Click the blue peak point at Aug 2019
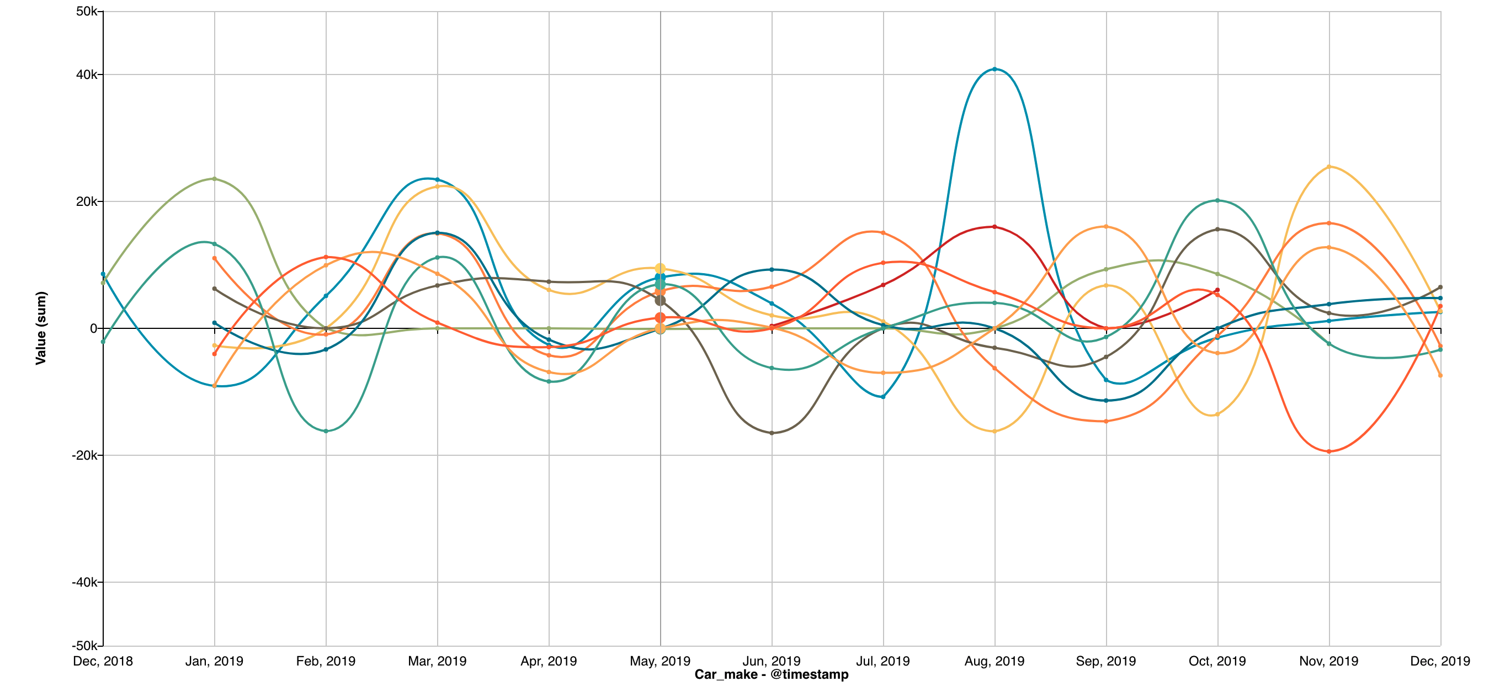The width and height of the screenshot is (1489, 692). tap(994, 70)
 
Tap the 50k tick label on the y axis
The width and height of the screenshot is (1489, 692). tap(86, 12)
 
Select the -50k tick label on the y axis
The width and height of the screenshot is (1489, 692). tap(85, 645)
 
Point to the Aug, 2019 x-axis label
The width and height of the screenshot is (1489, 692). tap(994, 661)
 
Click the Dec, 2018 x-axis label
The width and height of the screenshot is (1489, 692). tap(103, 661)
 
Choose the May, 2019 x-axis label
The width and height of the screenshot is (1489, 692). tap(660, 661)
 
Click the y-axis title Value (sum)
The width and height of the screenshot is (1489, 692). tap(40, 328)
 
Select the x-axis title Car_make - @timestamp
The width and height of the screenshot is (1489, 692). tap(772, 674)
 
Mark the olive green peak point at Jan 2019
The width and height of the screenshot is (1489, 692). tap(215, 179)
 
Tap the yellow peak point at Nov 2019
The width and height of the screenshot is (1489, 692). tap(1330, 167)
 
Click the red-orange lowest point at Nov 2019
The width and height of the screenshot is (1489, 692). tap(1330, 451)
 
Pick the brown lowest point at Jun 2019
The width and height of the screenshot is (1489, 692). tap(772, 433)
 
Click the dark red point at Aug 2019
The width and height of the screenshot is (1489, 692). tap(994, 227)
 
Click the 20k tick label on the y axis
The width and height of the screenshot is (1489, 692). tap(86, 201)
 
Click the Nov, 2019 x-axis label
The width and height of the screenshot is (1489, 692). tap(1329, 661)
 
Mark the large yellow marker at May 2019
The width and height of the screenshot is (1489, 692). tap(660, 268)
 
